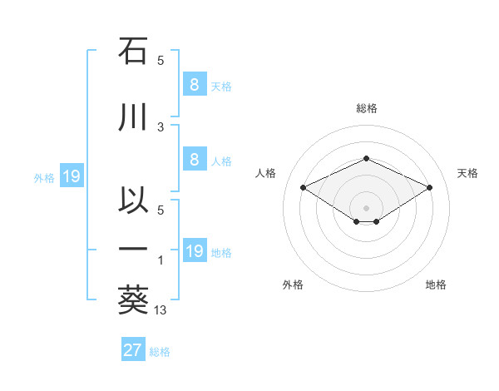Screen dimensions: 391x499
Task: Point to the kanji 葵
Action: point(133,301)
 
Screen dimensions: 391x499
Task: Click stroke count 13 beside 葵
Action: point(161,310)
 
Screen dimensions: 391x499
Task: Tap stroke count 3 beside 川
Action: point(161,126)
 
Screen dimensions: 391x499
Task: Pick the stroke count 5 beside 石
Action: point(161,61)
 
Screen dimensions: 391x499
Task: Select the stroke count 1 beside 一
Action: point(161,261)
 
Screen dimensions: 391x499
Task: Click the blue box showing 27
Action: point(133,350)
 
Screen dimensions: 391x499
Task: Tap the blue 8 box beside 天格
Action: point(193,85)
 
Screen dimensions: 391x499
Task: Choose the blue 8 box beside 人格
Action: point(193,161)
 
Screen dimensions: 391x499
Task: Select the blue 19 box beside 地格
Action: point(194,251)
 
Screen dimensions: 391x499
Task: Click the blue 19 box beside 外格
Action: point(71,176)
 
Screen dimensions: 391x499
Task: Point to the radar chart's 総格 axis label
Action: point(366,108)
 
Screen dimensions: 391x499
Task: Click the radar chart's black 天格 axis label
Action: point(467,173)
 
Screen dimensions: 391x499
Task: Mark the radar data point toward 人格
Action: point(304,188)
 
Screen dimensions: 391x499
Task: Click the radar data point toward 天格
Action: point(429,188)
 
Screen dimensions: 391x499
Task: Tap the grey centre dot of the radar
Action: point(366,207)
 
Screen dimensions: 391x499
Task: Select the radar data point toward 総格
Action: point(366,158)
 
